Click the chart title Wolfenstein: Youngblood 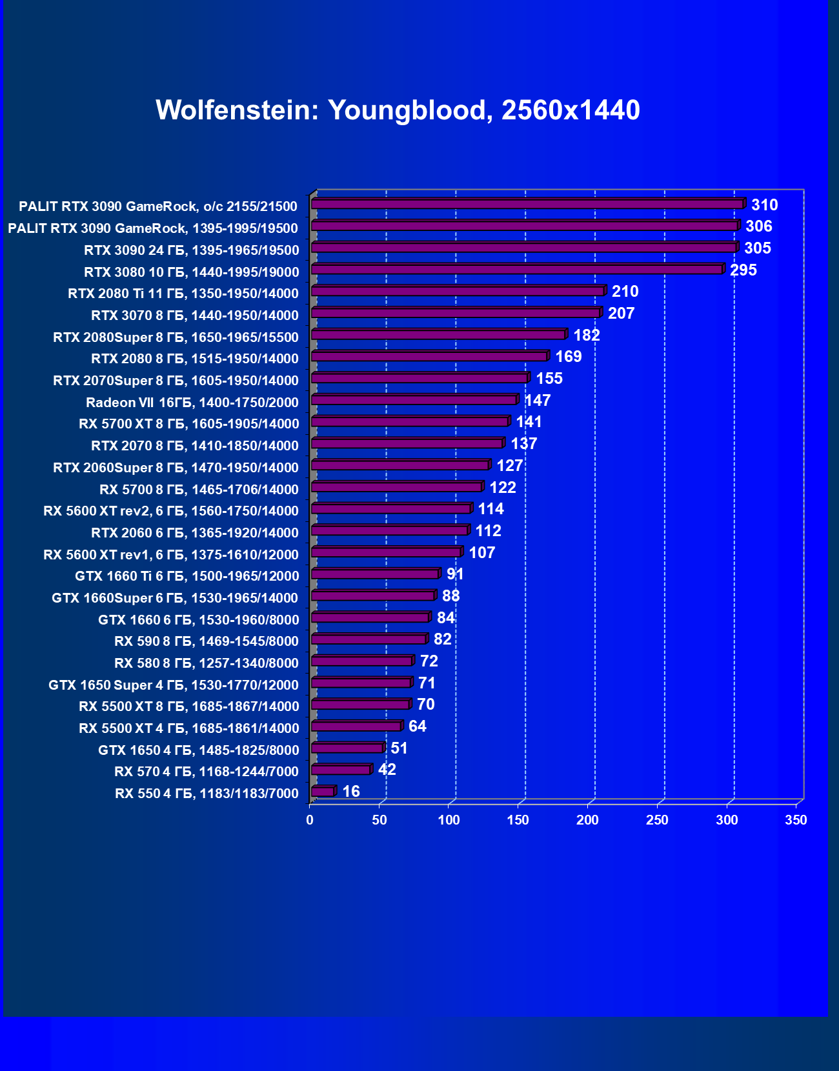(x=398, y=110)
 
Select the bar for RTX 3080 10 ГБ (x=516, y=269)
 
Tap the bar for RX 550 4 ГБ (x=323, y=792)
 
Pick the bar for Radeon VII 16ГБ (x=414, y=400)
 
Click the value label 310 (x=764, y=205)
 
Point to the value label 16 (x=351, y=792)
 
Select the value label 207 (x=621, y=314)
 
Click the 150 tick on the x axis (x=518, y=820)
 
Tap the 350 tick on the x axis (x=796, y=820)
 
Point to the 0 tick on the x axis (x=310, y=820)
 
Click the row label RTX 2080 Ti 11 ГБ (x=183, y=294)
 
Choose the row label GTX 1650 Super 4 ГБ (x=174, y=685)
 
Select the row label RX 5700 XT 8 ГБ (x=189, y=424)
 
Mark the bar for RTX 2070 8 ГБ (x=407, y=443)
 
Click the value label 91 (x=455, y=574)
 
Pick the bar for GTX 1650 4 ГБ (x=347, y=748)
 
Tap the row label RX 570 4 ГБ (x=207, y=772)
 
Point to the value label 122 (x=503, y=488)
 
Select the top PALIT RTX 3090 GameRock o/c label (x=158, y=206)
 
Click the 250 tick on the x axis (x=657, y=820)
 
